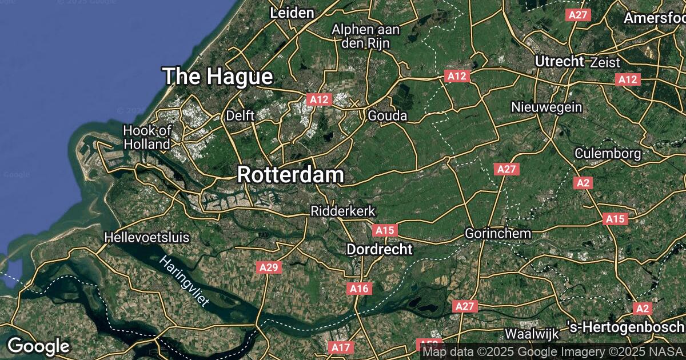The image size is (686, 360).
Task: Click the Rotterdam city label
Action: pos(290,175)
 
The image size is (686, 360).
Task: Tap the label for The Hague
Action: pos(217,76)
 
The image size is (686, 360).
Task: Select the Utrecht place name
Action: pos(560,61)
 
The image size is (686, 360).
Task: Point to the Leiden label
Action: pos(292,13)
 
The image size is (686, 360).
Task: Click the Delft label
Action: pos(240,115)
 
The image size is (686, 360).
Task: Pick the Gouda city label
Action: pos(388,116)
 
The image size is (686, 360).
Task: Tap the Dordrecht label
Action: pos(380,249)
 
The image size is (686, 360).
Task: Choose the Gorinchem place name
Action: pos(498,233)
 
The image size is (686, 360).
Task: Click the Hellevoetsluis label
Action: pos(147,237)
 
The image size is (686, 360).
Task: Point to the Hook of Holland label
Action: pos(147,137)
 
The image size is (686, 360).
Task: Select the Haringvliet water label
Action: pos(185,282)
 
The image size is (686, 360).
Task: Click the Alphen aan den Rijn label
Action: pos(366,35)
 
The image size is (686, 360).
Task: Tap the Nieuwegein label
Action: pos(547,107)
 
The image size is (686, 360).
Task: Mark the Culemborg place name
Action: pos(608,153)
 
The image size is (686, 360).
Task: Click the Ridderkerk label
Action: pos(342,211)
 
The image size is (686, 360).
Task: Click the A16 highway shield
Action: pos(359,289)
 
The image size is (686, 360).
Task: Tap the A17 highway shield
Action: pos(341,347)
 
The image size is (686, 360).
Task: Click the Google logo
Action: pos(38,346)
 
